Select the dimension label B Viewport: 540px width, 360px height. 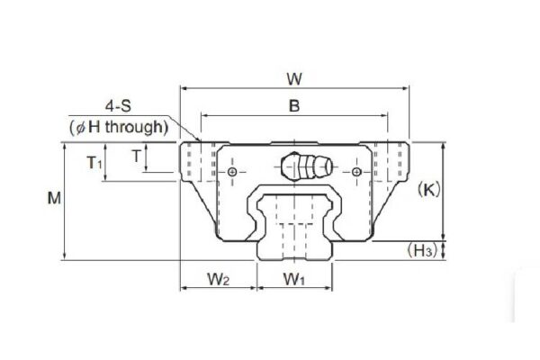pyautogui.click(x=294, y=105)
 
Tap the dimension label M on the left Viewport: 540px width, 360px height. pyautogui.click(x=55, y=200)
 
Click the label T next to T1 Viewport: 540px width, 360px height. pyautogui.click(x=136, y=156)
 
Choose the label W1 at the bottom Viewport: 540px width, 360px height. pyautogui.click(x=294, y=279)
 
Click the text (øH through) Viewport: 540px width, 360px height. pyautogui.click(x=119, y=127)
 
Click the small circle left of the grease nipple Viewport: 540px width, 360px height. pyautogui.click(x=233, y=171)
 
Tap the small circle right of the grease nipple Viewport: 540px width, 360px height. pyautogui.click(x=357, y=171)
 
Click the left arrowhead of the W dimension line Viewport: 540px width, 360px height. pyautogui.click(x=184, y=87)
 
